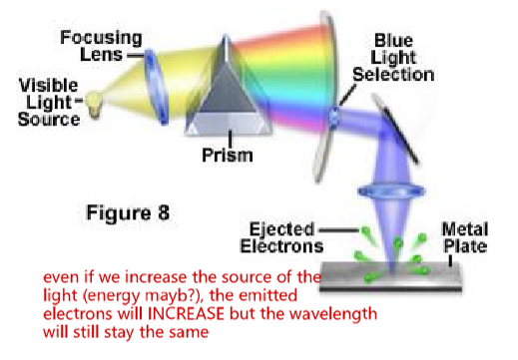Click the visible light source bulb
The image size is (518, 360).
coord(95,101)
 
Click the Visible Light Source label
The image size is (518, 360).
coord(48,102)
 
